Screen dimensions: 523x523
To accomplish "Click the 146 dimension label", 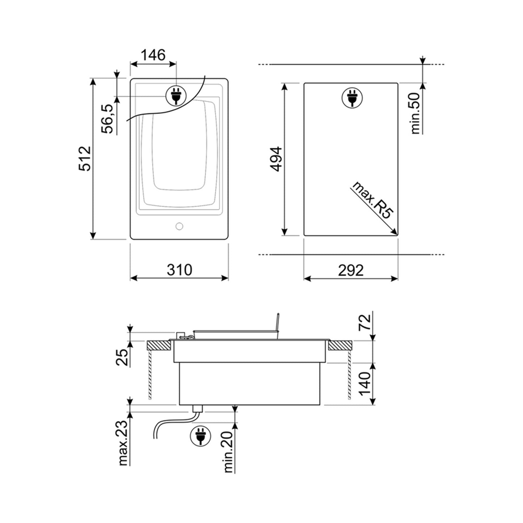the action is (153, 55).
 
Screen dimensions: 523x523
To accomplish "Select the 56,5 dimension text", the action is (107, 119).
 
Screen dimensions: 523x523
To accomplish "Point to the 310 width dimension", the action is (180, 270).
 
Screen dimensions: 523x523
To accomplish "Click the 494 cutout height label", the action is (277, 159).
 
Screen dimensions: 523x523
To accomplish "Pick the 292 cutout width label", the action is (351, 270).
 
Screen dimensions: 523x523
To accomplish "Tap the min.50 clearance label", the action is (416, 113).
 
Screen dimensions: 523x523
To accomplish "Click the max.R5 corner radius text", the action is (372, 200).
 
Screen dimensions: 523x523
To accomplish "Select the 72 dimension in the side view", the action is (364, 322).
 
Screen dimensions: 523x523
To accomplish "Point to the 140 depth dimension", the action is (364, 384).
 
